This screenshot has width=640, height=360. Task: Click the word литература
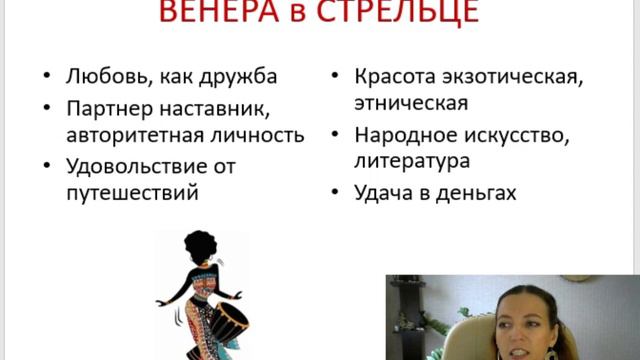click(413, 161)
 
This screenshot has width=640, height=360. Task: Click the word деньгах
click(476, 192)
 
